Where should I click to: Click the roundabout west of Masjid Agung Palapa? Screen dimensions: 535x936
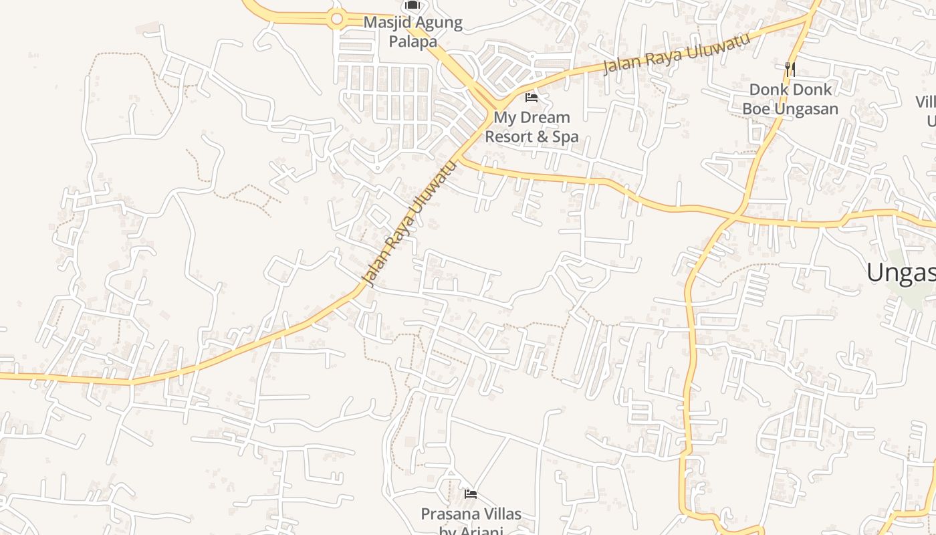[x=337, y=19]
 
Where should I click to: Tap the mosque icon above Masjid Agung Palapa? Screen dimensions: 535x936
[x=413, y=5]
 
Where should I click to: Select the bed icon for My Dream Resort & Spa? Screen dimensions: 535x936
[x=532, y=98]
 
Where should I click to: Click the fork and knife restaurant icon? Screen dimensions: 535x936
[x=790, y=68]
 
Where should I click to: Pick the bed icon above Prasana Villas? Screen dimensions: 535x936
[x=471, y=494]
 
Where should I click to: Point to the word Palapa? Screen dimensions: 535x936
[x=415, y=41]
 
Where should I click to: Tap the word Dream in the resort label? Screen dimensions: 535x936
[x=546, y=118]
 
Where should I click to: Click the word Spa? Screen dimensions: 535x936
[x=565, y=137]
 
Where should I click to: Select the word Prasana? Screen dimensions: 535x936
[x=448, y=514]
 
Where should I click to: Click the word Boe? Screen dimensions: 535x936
[x=756, y=108]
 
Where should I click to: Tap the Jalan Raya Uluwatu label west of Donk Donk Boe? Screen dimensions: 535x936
[x=676, y=53]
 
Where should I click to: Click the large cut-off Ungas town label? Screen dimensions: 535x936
[x=901, y=272]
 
